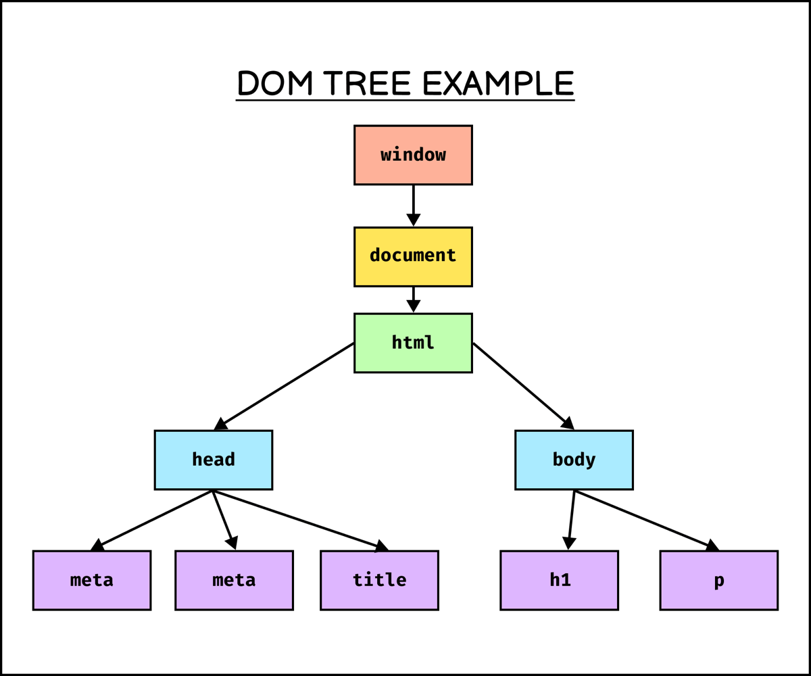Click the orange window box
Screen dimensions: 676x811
(x=413, y=155)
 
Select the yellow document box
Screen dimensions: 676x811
(x=413, y=256)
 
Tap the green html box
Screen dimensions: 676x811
(x=413, y=343)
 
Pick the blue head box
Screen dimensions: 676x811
(x=214, y=460)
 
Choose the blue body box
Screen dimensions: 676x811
(x=574, y=460)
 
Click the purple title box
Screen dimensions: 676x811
(x=379, y=580)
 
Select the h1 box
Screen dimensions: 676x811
(x=559, y=580)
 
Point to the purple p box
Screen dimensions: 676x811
(x=718, y=580)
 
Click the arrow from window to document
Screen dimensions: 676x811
(x=413, y=203)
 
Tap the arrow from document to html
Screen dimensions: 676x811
(x=413, y=297)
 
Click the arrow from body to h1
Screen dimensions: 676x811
(x=572, y=517)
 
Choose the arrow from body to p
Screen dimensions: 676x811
(x=642, y=518)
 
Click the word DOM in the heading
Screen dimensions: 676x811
(x=275, y=83)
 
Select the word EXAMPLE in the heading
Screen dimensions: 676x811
(x=498, y=83)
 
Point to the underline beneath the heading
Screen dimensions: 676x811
(x=405, y=101)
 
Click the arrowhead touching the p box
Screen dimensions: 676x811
(x=712, y=545)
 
